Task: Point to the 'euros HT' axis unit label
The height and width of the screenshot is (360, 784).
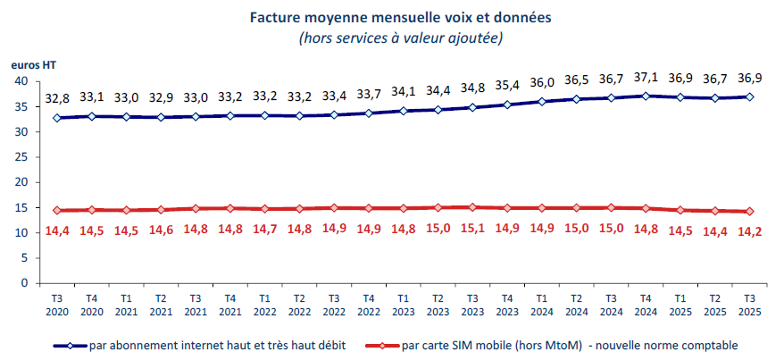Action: pos(29,64)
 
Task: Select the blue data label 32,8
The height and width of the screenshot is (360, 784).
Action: pos(57,99)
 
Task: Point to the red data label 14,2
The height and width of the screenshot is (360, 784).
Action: pos(747,231)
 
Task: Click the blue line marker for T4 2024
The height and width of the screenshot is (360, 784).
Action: pos(645,96)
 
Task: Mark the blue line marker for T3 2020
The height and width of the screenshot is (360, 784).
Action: pos(58,118)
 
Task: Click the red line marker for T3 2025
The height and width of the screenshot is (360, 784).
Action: pos(747,212)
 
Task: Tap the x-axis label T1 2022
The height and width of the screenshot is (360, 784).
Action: pos(264,304)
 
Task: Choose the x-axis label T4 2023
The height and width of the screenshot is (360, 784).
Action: pos(506,304)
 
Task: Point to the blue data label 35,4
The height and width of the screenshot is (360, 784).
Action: pos(506,86)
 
